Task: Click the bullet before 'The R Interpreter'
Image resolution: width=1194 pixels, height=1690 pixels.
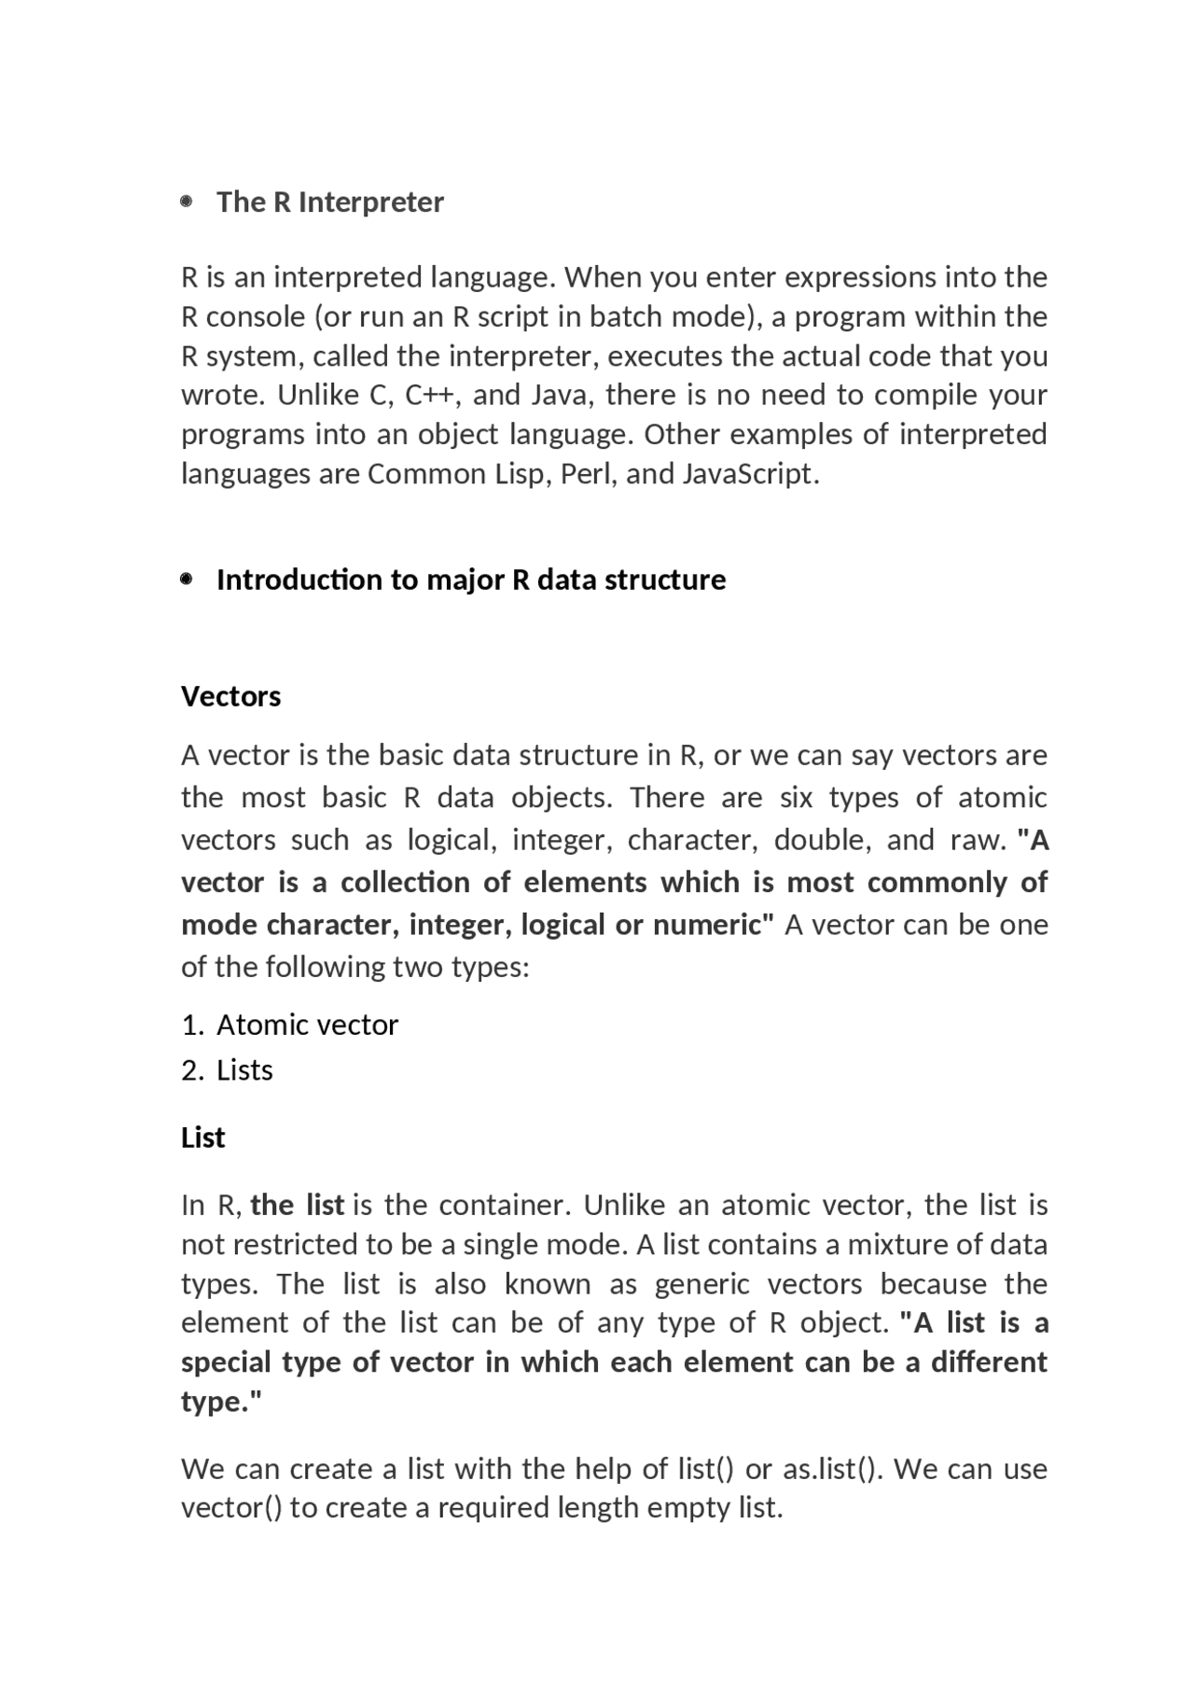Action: click(x=187, y=201)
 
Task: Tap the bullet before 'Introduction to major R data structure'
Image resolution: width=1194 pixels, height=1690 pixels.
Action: click(x=187, y=580)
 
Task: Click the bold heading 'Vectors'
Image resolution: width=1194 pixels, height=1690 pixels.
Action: click(x=230, y=696)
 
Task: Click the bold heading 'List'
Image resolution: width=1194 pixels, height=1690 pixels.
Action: click(x=202, y=1138)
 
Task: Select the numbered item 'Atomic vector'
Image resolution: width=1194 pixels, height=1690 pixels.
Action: click(x=307, y=1026)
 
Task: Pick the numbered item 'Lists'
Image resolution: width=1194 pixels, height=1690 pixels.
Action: click(x=244, y=1070)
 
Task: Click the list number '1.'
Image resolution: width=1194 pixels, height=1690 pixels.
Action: click(x=192, y=1026)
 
